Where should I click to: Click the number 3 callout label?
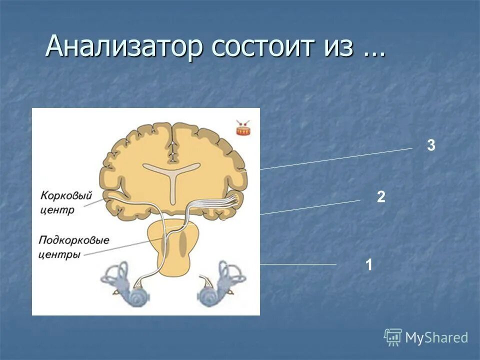(x=431, y=145)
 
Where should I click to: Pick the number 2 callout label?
(x=381, y=197)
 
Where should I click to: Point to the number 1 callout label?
(x=368, y=265)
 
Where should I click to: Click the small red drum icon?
(x=243, y=129)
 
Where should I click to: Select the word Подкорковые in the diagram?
(x=73, y=240)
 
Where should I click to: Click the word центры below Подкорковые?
(x=59, y=254)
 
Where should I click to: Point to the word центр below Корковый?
(x=57, y=209)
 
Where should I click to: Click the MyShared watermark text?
(x=436, y=338)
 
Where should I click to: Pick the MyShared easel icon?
(x=393, y=337)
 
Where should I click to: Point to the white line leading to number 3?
(x=340, y=158)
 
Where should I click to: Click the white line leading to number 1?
(x=300, y=264)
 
